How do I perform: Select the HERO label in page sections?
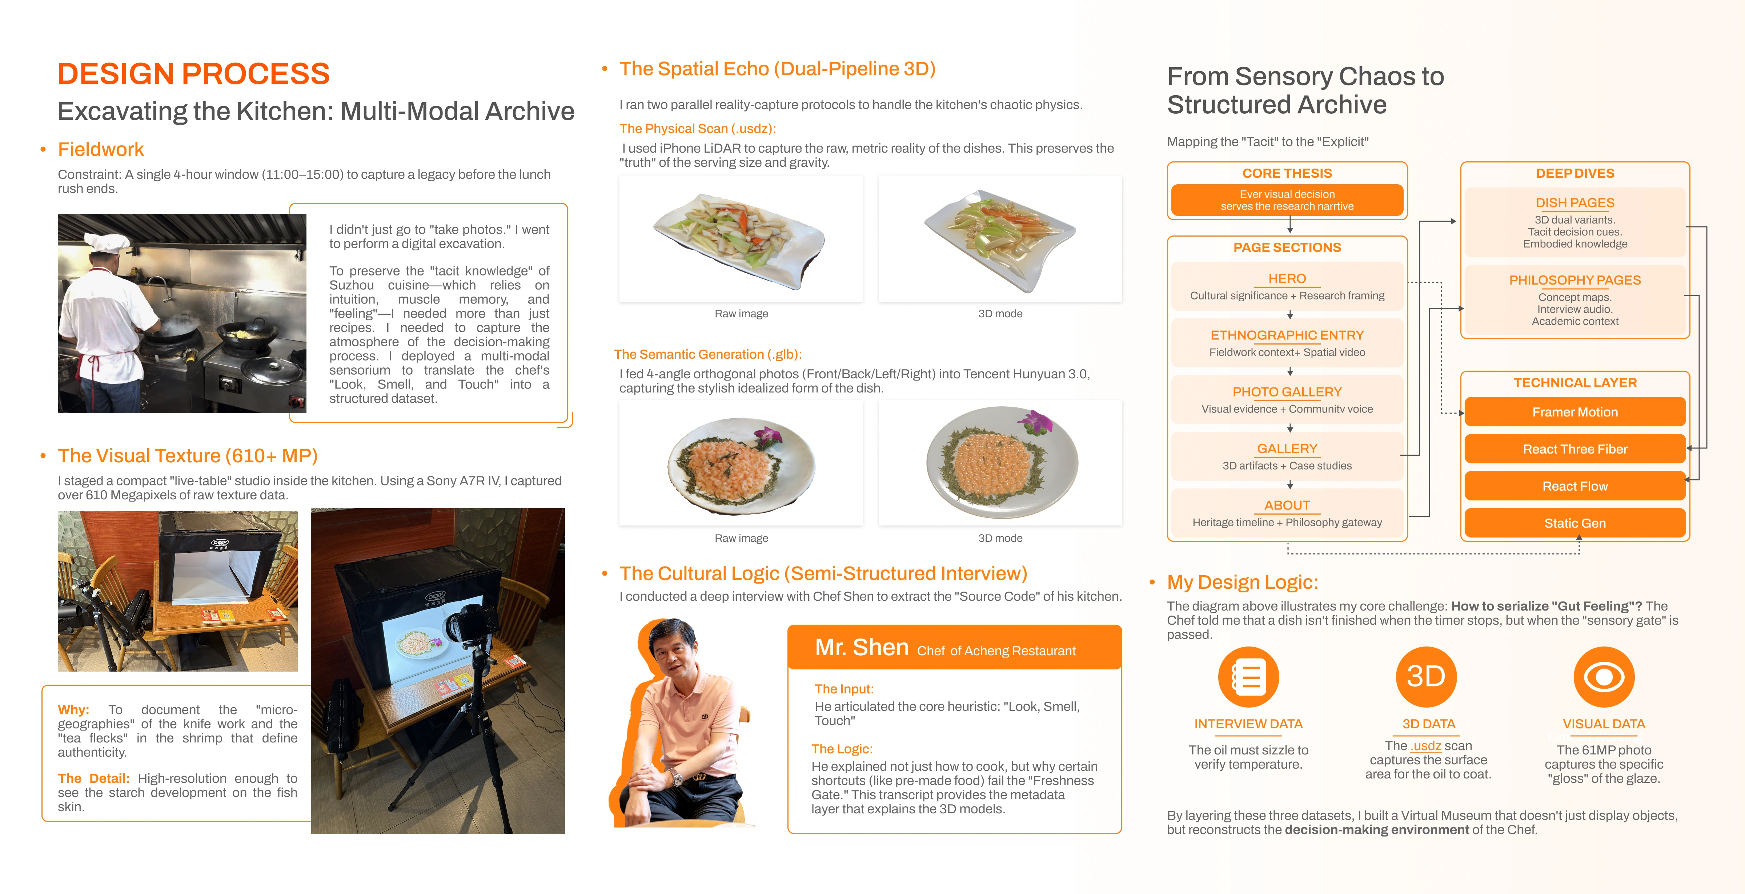point(1287,278)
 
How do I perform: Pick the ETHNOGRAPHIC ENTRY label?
point(1287,335)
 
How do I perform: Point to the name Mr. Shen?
point(861,648)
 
